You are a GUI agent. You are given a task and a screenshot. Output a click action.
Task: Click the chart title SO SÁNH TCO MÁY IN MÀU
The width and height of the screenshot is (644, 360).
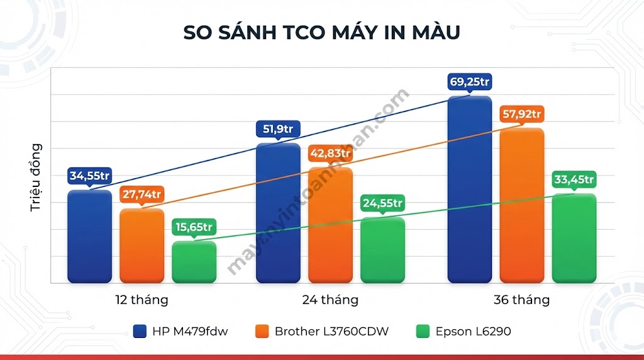click(321, 33)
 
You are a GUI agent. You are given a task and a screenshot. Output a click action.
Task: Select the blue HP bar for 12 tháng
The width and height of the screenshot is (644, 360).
click(89, 236)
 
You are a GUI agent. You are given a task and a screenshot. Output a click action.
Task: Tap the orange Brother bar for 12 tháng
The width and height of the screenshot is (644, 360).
click(142, 245)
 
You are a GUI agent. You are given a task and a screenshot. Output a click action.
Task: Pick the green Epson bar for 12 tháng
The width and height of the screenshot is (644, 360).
click(194, 262)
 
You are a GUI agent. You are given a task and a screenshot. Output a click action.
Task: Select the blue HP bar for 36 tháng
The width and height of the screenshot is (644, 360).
click(469, 189)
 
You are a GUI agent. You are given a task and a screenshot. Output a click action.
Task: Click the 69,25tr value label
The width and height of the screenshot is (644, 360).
click(469, 82)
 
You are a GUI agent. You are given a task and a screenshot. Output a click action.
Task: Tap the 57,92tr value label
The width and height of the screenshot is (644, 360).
click(521, 115)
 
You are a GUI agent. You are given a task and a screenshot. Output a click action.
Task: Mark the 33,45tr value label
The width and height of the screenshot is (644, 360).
click(574, 179)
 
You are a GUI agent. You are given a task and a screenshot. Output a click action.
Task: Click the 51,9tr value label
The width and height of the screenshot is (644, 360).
click(278, 130)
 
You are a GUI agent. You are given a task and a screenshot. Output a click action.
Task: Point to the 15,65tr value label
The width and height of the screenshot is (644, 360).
click(194, 227)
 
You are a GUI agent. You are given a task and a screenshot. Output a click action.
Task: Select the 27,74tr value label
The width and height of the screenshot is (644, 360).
click(142, 194)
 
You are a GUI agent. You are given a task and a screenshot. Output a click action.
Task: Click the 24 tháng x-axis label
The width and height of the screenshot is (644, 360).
click(330, 300)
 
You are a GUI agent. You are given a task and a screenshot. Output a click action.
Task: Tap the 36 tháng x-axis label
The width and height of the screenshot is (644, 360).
click(521, 300)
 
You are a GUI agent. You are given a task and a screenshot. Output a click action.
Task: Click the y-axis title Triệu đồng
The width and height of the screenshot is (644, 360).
click(36, 177)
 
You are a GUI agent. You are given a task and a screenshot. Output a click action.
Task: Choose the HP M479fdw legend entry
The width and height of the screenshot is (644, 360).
click(181, 331)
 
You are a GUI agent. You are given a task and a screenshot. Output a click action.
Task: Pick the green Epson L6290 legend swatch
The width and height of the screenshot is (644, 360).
click(423, 331)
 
